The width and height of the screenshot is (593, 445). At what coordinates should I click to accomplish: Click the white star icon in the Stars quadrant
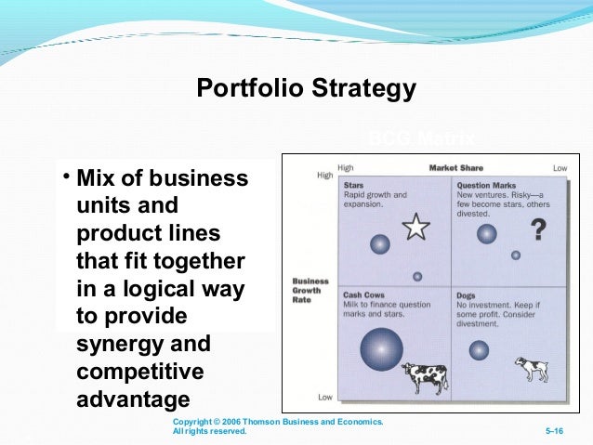(417, 227)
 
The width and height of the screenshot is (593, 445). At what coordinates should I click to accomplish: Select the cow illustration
(425, 377)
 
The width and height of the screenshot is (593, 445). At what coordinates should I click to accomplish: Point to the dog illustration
(531, 368)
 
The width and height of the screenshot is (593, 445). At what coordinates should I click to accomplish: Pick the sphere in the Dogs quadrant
(479, 350)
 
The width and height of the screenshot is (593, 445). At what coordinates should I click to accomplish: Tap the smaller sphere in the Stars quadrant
(417, 276)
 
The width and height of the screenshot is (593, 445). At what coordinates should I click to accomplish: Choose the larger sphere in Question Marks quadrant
(486, 234)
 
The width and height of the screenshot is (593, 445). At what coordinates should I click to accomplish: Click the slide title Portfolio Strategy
(306, 89)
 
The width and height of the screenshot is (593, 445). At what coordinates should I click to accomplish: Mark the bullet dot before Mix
(67, 177)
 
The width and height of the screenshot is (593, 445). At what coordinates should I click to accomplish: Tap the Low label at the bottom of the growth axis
(325, 398)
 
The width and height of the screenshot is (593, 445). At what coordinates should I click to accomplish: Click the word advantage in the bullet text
(132, 399)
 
